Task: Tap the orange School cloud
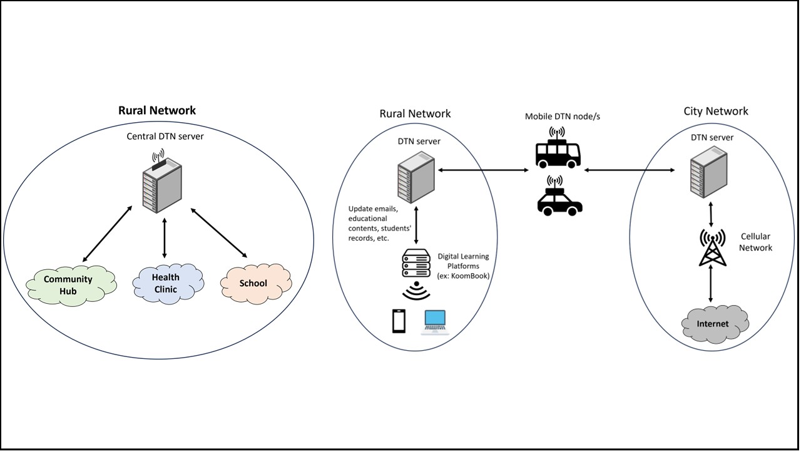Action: tap(254, 283)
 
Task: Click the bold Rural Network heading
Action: tap(157, 110)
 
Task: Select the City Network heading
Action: tap(716, 111)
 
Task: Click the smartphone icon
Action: tap(399, 321)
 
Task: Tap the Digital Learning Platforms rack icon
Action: tap(416, 264)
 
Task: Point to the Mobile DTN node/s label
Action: tap(558, 117)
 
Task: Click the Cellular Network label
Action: tap(756, 242)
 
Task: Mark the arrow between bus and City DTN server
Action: tap(628, 170)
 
